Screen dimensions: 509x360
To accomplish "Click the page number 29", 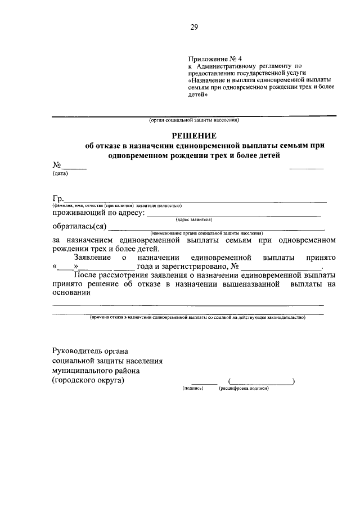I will tap(193, 26).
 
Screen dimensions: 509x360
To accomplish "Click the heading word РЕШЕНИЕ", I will tap(194, 136).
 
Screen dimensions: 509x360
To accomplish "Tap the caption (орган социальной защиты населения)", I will tap(194, 120).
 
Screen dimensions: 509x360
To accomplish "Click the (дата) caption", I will tap(60, 173).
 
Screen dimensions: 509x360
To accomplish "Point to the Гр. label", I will tap(58, 197).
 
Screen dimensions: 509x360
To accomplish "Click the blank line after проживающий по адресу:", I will tap(233, 214).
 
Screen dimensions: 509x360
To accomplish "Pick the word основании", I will tap(71, 292).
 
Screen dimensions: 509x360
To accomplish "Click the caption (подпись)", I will tap(192, 389).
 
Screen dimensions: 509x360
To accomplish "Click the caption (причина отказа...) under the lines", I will tap(197, 317).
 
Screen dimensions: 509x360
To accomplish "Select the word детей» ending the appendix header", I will tap(198, 95).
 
